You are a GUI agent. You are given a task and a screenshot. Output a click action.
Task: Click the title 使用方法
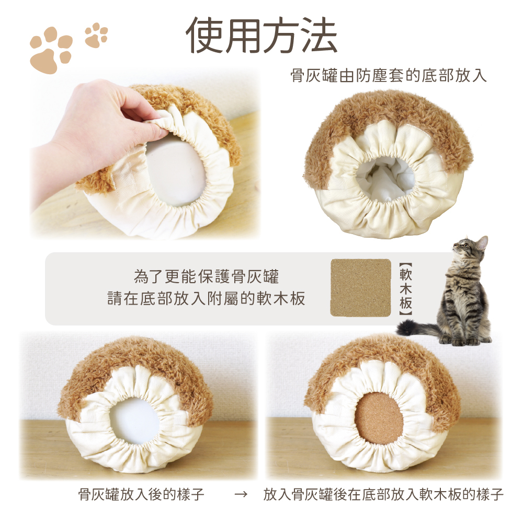point(261,36)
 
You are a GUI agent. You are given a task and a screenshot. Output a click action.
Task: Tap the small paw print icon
point(96,34)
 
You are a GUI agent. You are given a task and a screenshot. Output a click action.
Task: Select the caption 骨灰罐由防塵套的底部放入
point(389,76)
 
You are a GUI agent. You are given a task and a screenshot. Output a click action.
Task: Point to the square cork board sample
point(361,287)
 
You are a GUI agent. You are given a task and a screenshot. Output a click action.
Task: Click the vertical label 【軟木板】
point(405,289)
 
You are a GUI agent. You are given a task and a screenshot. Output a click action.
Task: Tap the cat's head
point(470,247)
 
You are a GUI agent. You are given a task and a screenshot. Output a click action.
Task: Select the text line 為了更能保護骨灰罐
point(206,277)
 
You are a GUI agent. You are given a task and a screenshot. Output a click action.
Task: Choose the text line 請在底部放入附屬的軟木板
point(206,298)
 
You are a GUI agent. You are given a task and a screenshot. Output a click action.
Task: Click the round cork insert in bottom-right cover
point(379,419)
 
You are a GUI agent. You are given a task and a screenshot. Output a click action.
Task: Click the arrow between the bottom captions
point(241,494)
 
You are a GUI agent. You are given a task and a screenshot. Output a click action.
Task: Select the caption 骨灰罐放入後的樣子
point(141,494)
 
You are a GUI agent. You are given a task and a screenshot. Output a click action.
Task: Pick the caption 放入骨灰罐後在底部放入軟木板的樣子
point(383,494)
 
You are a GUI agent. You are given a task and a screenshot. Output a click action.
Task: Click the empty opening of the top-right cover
point(385,179)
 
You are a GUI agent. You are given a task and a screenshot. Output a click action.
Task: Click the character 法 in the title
point(319,36)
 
